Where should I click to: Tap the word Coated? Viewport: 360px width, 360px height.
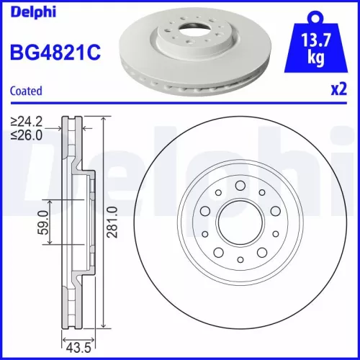pos(26,91)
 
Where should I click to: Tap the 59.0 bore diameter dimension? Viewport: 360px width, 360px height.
pos(42,222)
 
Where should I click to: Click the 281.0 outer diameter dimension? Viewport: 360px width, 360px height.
pos(112,222)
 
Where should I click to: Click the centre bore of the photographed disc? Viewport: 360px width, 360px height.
pos(195,32)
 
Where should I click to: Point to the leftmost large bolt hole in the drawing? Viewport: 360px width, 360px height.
pos(204,212)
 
